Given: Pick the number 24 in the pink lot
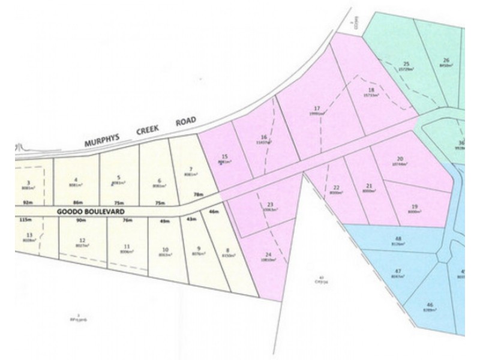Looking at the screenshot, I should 269,255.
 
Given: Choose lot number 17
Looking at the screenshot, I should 317,108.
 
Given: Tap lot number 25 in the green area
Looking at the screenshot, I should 406,64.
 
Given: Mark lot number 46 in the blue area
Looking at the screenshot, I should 430,304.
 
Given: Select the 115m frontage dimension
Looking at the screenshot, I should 26,220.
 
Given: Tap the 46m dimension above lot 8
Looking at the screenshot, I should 213,212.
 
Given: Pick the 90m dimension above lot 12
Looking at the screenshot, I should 82,220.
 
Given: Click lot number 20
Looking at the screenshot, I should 400,159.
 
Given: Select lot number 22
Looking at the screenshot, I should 335,188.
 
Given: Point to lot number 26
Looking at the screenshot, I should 446,60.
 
